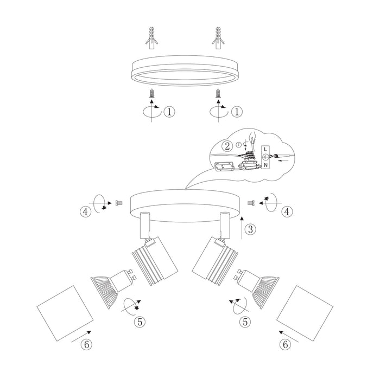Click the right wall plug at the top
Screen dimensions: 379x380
pos(218,37)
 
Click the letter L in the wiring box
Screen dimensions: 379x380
pos(265,148)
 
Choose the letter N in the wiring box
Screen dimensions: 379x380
pos(266,165)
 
